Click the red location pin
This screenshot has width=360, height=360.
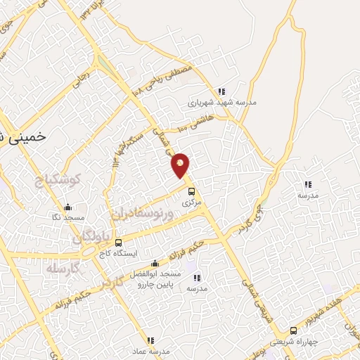point(181,165)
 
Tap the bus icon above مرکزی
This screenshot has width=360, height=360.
point(191,191)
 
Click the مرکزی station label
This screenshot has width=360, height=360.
point(191,202)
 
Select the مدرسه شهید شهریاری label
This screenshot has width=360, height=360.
point(222,103)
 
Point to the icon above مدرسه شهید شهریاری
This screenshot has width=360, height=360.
point(222,91)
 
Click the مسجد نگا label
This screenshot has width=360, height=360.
point(67,218)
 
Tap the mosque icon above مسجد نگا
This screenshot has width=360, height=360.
point(67,207)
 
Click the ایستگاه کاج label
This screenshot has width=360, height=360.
point(118,252)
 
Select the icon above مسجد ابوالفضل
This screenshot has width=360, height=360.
point(155,263)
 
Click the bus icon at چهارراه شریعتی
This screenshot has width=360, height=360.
point(294,330)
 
